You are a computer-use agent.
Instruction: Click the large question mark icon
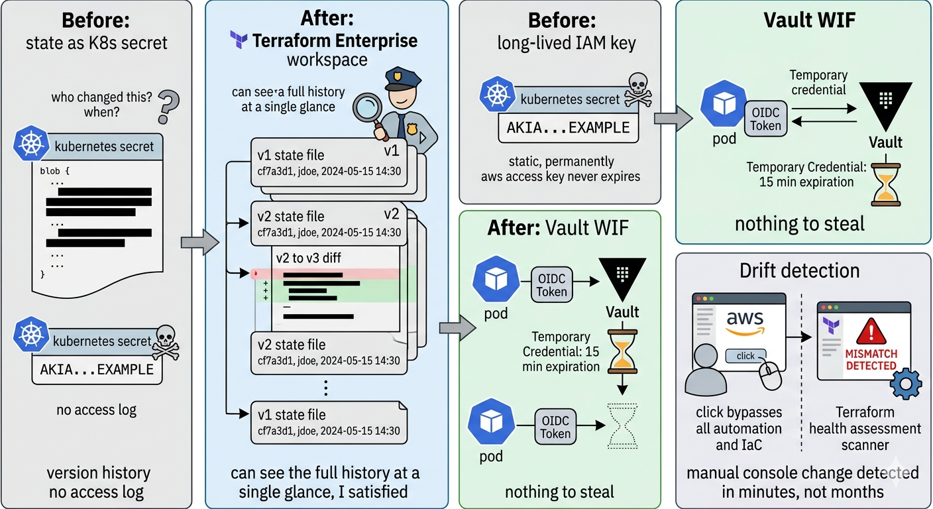[170, 107]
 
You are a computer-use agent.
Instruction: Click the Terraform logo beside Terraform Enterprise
[239, 40]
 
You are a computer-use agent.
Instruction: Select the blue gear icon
[906, 385]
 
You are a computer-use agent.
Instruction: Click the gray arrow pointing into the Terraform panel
[199, 243]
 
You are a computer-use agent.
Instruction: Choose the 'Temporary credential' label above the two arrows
[818, 83]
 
